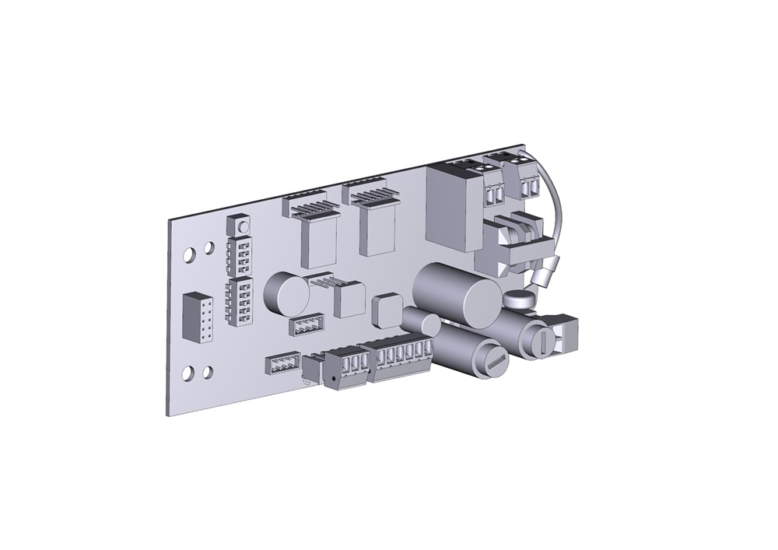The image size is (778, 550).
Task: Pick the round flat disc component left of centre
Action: pyautogui.click(x=282, y=293)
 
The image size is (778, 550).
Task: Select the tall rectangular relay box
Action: pyautogui.click(x=453, y=208)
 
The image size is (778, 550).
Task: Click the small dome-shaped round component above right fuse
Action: pyautogui.click(x=517, y=297)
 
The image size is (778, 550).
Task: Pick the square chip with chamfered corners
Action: pyautogui.click(x=386, y=311)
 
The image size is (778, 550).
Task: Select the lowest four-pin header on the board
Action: pyautogui.click(x=282, y=364)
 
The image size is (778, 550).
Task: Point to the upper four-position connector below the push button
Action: pyautogui.click(x=238, y=253)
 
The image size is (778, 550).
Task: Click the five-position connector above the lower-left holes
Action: pyautogui.click(x=240, y=301)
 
